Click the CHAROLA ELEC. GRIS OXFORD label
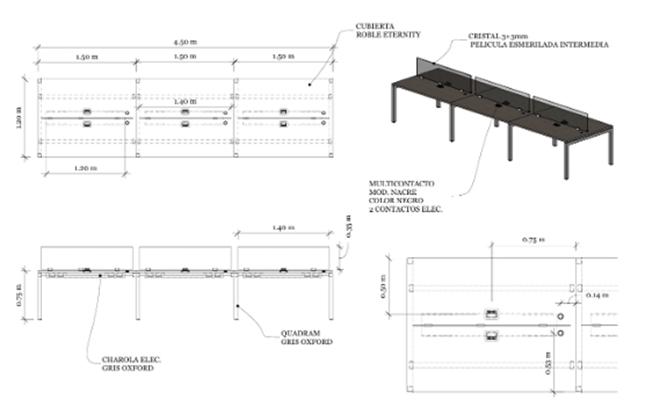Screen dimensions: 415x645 [x=131, y=363]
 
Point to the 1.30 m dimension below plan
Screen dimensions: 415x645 [x=86, y=167]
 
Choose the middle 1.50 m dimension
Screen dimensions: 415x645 [x=185, y=56]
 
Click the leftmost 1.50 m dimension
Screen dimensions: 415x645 [x=86, y=56]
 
